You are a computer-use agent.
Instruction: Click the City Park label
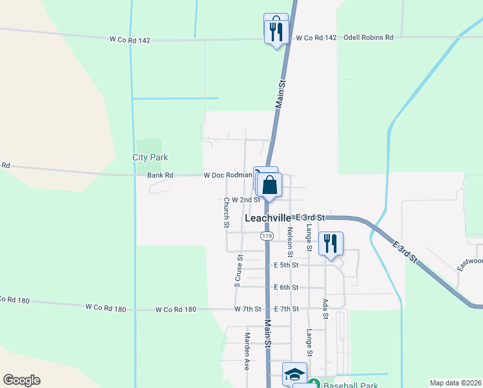tap(150, 157)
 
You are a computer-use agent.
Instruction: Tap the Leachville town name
tap(268, 219)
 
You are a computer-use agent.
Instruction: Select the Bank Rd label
tap(160, 175)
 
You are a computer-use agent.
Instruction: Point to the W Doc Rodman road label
tap(228, 175)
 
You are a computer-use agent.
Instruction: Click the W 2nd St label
tap(245, 200)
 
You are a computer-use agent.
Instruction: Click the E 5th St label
tap(286, 265)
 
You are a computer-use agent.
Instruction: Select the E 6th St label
tap(286, 287)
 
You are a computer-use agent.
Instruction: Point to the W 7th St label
tap(248, 309)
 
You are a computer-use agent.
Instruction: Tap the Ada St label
tap(325, 308)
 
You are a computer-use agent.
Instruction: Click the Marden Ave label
tap(247, 351)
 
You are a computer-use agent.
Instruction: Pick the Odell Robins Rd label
tap(368, 38)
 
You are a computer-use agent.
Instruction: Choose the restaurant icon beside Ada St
tap(331, 243)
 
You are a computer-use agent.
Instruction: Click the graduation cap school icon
tap(294, 374)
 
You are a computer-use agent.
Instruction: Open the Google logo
tap(21, 380)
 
